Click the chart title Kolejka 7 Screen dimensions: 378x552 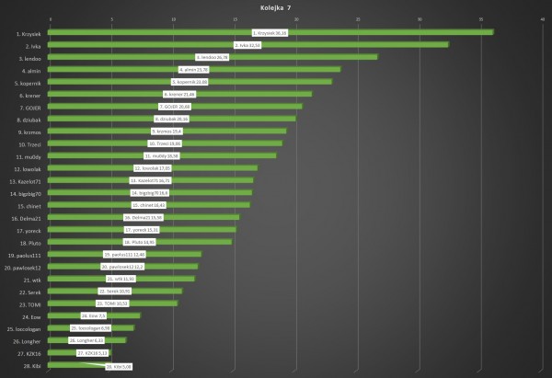click(276, 6)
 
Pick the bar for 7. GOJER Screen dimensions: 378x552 click(175, 107)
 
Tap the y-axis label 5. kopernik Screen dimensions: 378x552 click(28, 82)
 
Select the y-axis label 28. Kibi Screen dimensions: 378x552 click(30, 365)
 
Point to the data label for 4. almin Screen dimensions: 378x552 click(193, 70)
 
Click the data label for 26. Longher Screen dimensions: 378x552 click(90, 340)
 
